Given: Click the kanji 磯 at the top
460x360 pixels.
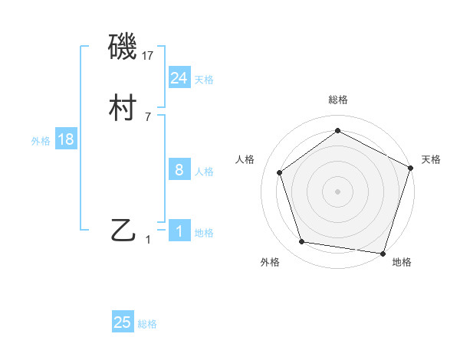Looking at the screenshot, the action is pyautogui.click(x=123, y=48).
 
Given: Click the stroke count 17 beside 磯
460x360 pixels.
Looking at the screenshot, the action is pyautogui.click(x=149, y=56).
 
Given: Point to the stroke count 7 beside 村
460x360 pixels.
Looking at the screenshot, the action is pyautogui.click(x=148, y=117).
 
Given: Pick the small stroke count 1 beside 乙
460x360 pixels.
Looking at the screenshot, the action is pyautogui.click(x=148, y=239).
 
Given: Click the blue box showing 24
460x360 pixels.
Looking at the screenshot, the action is pyautogui.click(x=179, y=78).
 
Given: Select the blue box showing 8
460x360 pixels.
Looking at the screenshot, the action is pyautogui.click(x=179, y=170).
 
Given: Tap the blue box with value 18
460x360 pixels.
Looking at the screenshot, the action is pyautogui.click(x=66, y=139).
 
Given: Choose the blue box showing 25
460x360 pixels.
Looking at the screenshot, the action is pyautogui.click(x=123, y=322).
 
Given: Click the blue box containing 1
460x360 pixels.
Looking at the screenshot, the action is pyautogui.click(x=179, y=231).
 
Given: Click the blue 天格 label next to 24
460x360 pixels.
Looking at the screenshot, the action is pyautogui.click(x=204, y=80).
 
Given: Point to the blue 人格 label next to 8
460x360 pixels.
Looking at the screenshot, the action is pyautogui.click(x=204, y=172).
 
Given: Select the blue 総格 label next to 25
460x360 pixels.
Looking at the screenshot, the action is pyautogui.click(x=147, y=324).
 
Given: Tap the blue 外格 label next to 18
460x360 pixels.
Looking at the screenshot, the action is pyautogui.click(x=41, y=141).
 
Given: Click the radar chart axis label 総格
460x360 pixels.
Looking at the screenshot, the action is pyautogui.click(x=337, y=100).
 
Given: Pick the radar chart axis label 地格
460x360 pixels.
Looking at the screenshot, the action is pyautogui.click(x=402, y=263).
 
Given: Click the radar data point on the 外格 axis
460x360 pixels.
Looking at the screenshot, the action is pyautogui.click(x=302, y=242).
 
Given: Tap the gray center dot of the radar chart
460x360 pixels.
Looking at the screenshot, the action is pyautogui.click(x=337, y=191).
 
